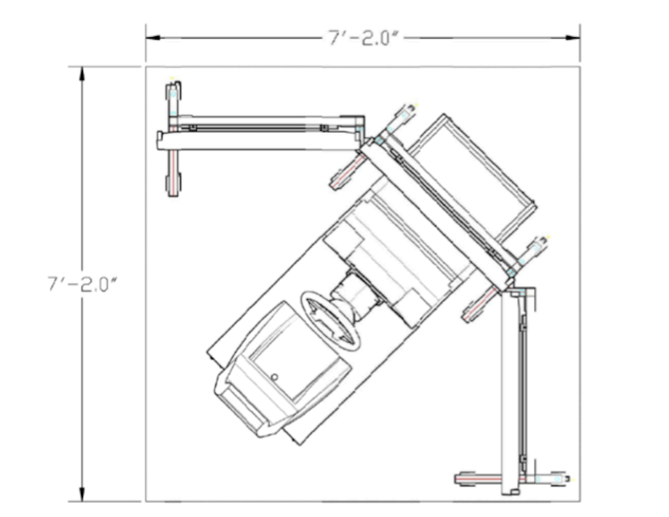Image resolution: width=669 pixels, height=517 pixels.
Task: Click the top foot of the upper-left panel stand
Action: [173, 92]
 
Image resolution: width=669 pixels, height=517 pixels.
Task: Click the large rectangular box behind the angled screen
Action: [473, 178]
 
